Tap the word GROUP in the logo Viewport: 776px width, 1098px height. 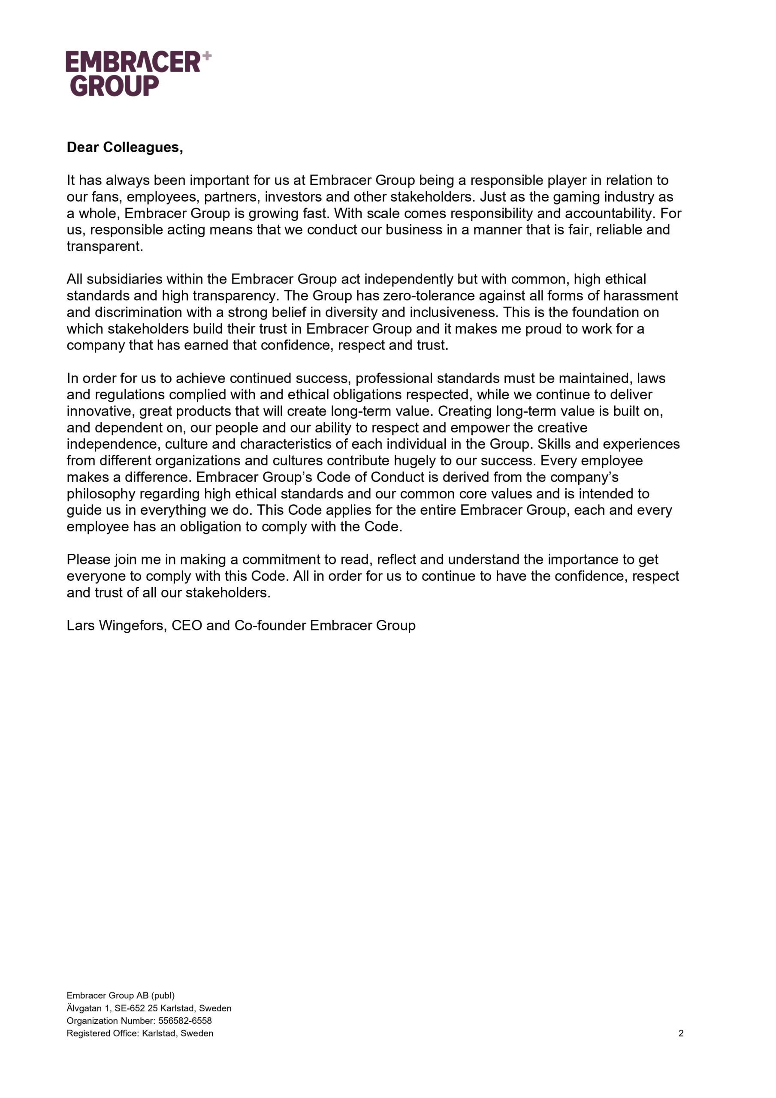115,86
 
